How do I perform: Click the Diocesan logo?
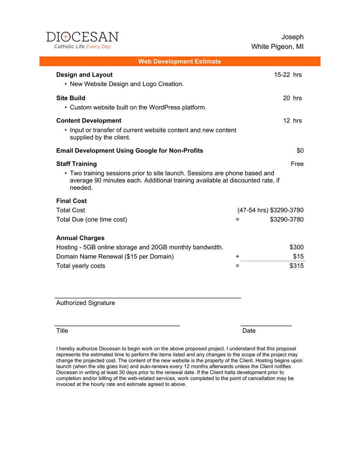[82, 40]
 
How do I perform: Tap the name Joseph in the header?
[292, 37]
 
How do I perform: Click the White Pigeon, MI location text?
[277, 47]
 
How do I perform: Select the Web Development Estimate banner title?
[179, 61]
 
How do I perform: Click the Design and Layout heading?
[84, 75]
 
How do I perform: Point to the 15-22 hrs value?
[288, 75]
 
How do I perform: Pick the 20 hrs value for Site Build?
[292, 98]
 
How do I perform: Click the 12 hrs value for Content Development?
[292, 120]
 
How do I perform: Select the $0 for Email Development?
[300, 150]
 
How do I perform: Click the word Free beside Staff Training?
[297, 163]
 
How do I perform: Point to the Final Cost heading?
[71, 201]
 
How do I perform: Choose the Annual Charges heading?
[80, 238]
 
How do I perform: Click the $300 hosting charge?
[296, 247]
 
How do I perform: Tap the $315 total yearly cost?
[296, 266]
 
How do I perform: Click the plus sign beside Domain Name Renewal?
[237, 256]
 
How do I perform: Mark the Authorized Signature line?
[148, 297]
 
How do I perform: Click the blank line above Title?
[117, 325]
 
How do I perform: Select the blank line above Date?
[266, 325]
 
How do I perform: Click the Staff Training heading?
[77, 163]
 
